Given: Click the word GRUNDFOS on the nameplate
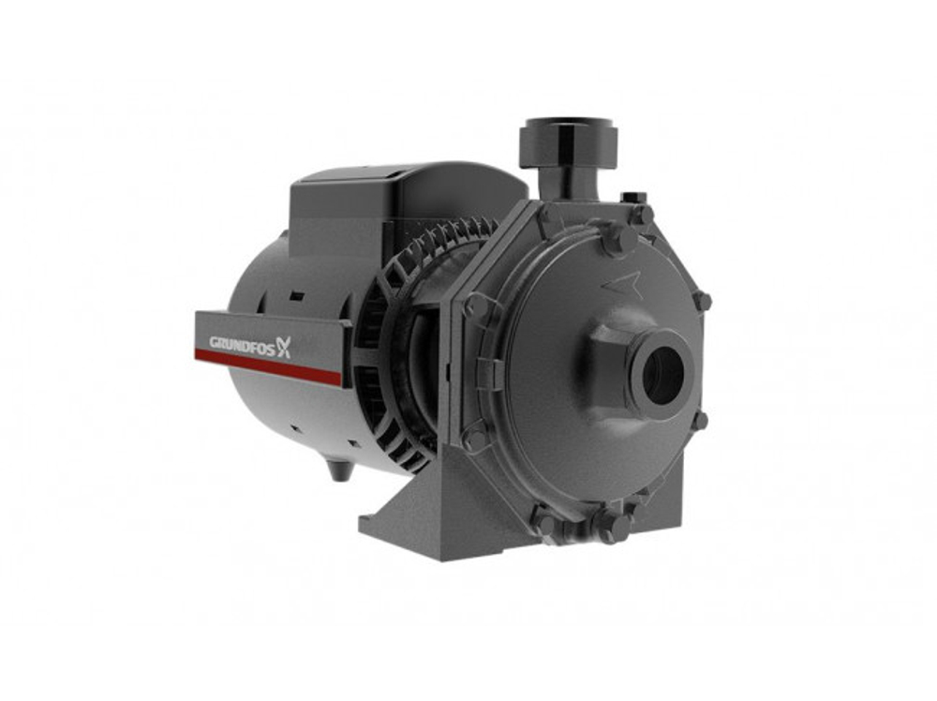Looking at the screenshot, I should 236,342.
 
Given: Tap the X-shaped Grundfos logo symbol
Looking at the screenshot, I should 283,348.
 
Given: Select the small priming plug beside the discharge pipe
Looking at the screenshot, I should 634,198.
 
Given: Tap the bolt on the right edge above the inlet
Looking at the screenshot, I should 701,302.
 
